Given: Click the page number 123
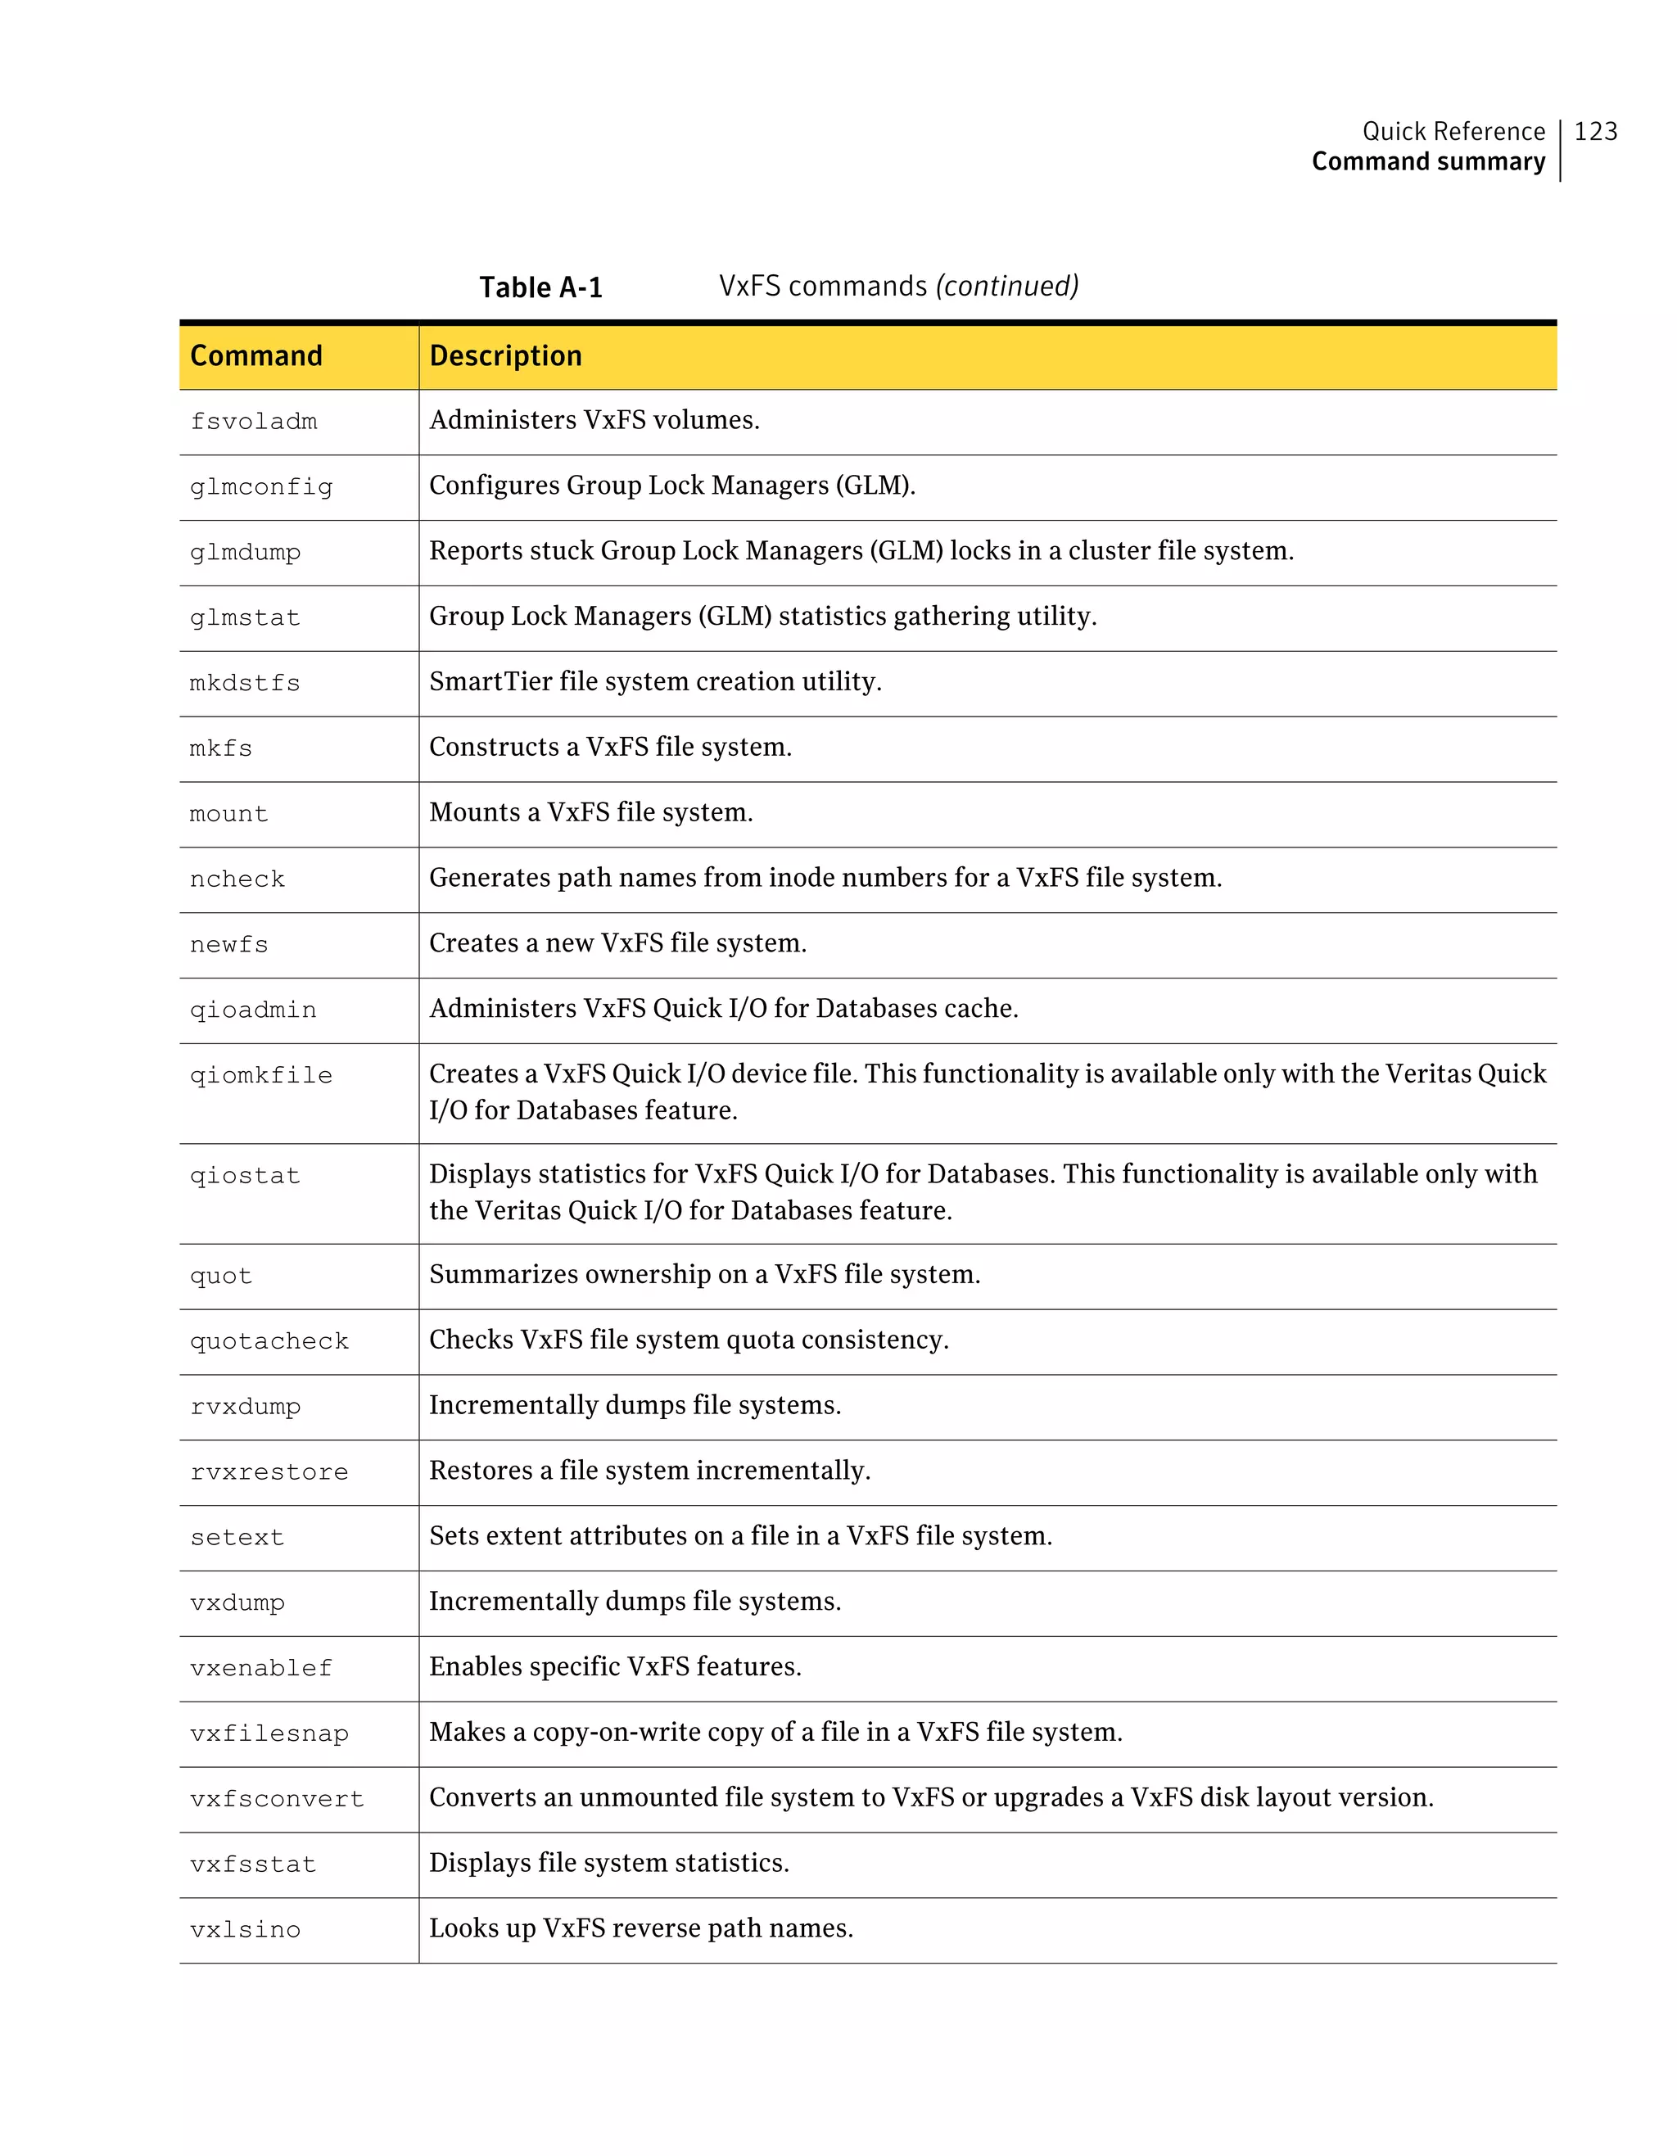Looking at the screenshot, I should (1595, 131).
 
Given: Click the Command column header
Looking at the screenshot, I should (255, 355).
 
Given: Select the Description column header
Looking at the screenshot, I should (505, 355).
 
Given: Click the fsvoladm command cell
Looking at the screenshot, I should (254, 422).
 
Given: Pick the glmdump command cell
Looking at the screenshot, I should (245, 553).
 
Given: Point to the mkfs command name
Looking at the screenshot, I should (220, 749).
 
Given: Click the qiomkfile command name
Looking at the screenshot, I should (260, 1076).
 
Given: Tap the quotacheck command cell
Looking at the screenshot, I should (269, 1341).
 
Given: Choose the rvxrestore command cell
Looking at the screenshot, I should (269, 1473).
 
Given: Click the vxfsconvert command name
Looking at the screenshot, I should (277, 1800).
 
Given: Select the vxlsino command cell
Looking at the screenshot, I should (245, 1930).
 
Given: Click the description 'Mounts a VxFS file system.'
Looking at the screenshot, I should (590, 812).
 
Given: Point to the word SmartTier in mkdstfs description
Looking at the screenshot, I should (490, 681).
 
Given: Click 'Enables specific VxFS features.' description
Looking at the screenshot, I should (615, 1666).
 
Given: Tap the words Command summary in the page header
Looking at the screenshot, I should (1427, 162).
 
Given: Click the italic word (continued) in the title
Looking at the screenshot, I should (1007, 287).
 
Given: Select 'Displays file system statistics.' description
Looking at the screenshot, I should (608, 1863).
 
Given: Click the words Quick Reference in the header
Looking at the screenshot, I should (1453, 131).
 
